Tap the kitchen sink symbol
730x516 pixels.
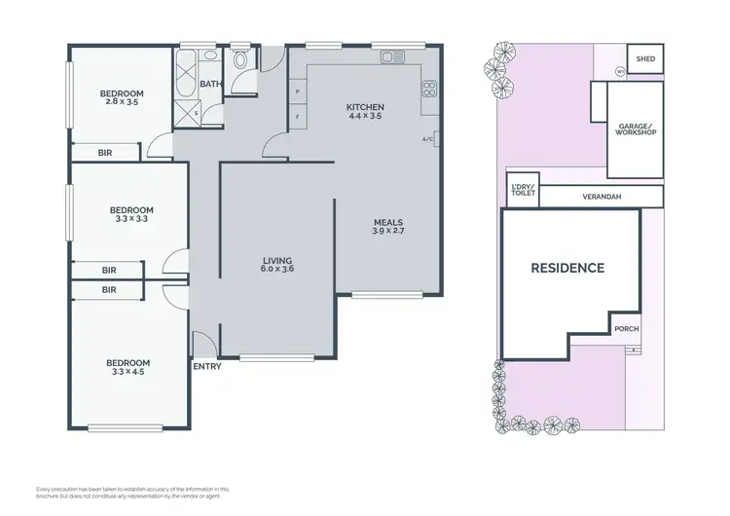[393, 57]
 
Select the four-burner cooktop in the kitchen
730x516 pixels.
[427, 91]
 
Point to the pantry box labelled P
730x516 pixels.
[297, 92]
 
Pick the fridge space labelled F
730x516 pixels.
[297, 117]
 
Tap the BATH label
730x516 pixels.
[210, 84]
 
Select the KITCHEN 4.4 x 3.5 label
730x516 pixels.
[365, 111]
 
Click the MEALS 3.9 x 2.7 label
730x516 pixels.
[388, 228]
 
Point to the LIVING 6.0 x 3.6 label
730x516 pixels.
[277, 264]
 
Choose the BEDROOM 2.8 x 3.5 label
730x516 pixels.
[122, 97]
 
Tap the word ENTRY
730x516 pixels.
[206, 367]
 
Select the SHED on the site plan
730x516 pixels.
[645, 58]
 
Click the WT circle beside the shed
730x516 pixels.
[620, 71]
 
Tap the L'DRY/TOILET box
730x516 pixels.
[523, 192]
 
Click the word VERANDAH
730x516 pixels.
[602, 196]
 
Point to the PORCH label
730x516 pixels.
[627, 328]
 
